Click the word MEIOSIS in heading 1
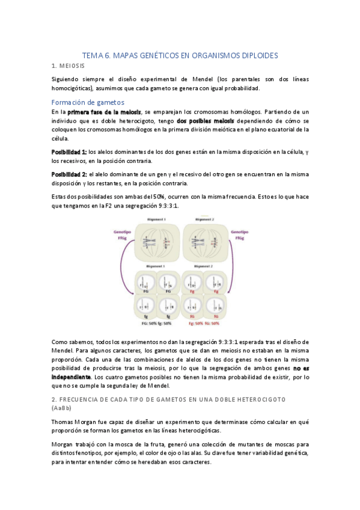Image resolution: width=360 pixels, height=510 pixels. (73, 65)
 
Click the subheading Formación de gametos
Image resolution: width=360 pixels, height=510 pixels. (88, 102)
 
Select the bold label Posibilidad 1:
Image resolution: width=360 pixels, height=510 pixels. (69, 152)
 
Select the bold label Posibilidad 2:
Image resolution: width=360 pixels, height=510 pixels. (69, 174)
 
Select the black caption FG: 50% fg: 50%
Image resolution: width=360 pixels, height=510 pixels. (157, 322)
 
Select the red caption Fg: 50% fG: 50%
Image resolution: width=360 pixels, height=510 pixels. (204, 322)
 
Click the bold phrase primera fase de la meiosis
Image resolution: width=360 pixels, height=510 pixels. (105, 112)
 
